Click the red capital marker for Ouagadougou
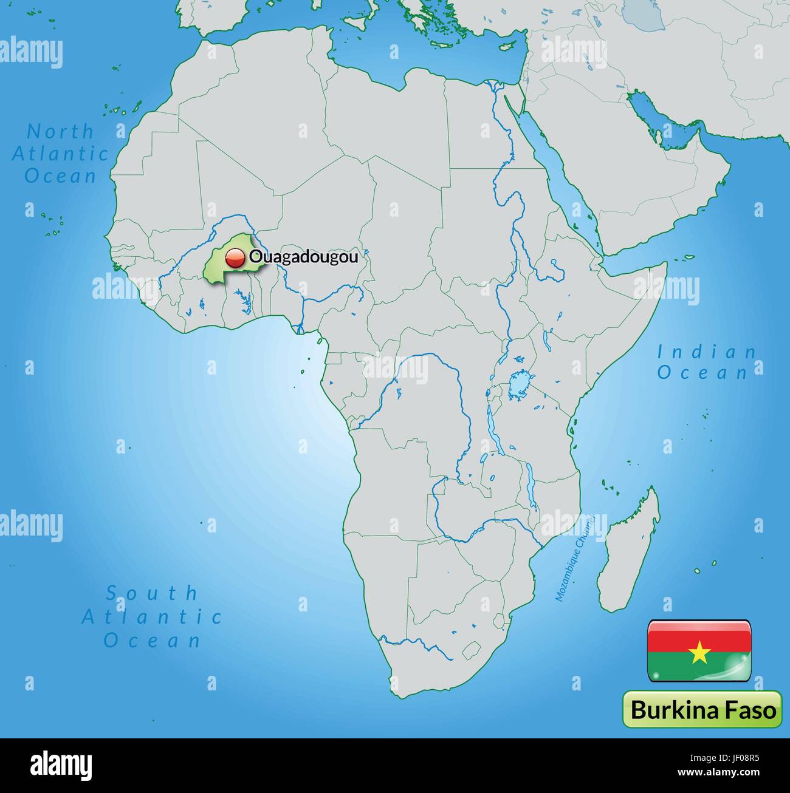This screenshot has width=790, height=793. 233,258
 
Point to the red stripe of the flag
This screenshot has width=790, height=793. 699,636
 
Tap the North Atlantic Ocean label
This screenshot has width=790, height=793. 60,154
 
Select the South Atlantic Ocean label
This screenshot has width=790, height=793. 152,616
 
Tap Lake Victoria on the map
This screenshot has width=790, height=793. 519,384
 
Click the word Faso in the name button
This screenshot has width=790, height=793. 750,709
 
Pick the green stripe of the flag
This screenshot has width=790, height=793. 699,668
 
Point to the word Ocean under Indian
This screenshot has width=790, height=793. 702,373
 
